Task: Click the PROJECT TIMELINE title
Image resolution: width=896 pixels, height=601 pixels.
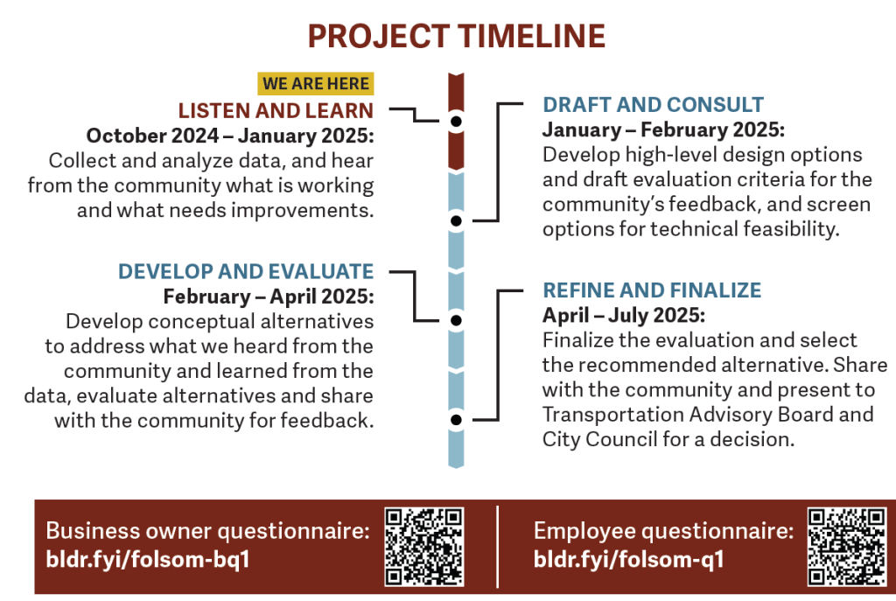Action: [457, 36]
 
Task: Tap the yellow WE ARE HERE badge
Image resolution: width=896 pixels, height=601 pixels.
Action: [315, 83]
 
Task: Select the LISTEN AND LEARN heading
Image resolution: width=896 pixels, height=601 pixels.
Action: [276, 110]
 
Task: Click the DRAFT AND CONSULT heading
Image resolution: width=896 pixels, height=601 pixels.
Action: [653, 105]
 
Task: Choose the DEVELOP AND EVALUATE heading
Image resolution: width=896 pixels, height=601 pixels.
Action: [246, 271]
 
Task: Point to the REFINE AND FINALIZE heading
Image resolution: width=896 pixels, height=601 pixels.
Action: [652, 290]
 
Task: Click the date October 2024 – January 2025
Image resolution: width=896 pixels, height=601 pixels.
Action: [230, 136]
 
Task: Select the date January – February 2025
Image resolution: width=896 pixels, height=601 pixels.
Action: [663, 129]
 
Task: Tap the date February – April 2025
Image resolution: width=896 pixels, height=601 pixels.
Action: [269, 297]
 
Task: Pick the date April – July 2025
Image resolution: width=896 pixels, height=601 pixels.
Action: [624, 315]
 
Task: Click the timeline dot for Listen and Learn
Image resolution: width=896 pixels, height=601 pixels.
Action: [456, 122]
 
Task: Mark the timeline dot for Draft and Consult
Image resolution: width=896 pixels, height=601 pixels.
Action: [456, 220]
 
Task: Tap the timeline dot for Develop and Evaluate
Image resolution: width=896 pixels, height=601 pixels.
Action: [456, 320]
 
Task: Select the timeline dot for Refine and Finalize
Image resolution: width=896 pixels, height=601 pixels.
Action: [456, 420]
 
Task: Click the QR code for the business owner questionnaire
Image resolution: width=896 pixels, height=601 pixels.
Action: [424, 547]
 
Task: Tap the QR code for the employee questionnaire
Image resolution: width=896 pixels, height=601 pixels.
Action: [847, 547]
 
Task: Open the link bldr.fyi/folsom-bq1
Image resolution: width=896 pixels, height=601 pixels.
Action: [148, 559]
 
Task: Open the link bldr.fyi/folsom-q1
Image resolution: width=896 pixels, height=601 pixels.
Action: [628, 559]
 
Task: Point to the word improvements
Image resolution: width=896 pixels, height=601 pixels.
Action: [302, 211]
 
